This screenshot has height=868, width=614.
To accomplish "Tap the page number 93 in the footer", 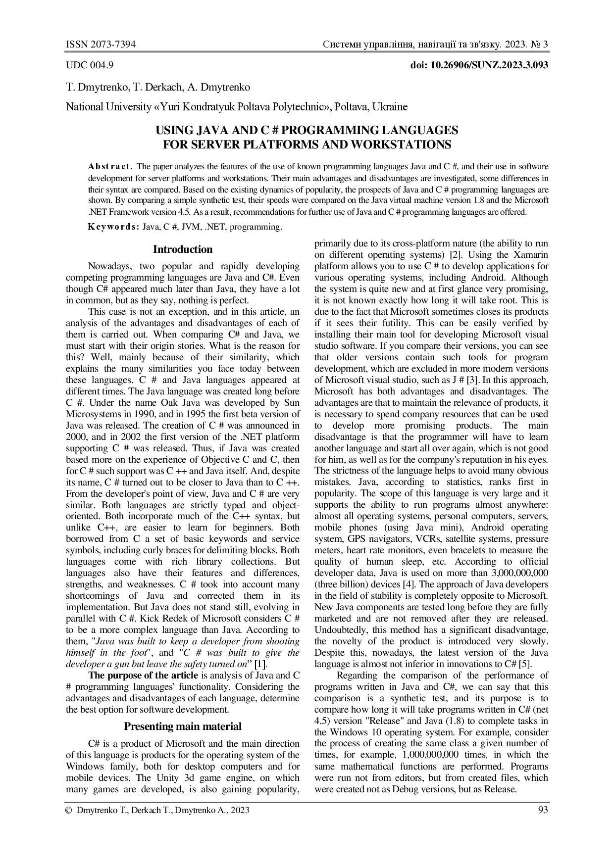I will (x=543, y=810).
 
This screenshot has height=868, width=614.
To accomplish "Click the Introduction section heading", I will (x=183, y=249).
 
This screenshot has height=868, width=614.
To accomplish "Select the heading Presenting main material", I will (x=183, y=726).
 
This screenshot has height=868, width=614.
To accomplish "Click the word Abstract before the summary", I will (x=110, y=166).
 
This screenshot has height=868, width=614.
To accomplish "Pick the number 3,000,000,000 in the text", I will (x=516, y=573).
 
